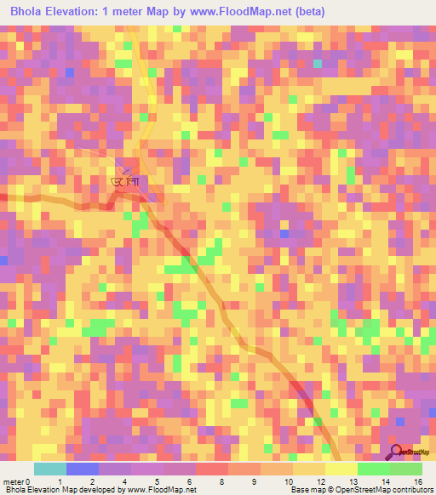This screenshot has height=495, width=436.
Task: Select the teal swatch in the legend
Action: pyautogui.click(x=49, y=469)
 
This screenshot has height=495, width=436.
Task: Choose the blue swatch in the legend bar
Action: pyautogui.click(x=82, y=469)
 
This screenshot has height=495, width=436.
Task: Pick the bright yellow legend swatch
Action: pyautogui.click(x=341, y=469)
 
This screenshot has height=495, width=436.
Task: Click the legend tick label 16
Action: pyautogui.click(x=418, y=481)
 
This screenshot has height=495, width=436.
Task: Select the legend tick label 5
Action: pyautogui.click(x=157, y=481)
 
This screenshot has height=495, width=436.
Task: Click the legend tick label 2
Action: pyautogui.click(x=91, y=481)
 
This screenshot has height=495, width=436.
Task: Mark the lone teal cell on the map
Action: pyautogui.click(x=318, y=63)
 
